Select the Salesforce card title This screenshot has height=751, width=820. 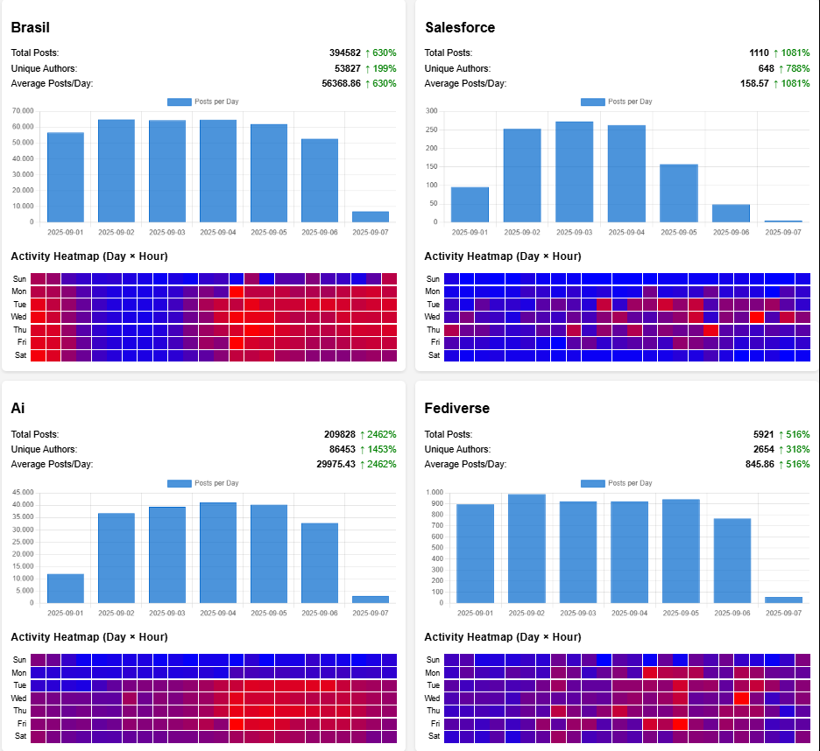point(460,28)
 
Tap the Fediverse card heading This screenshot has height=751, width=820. point(457,409)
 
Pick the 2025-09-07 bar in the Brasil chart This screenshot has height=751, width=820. point(370,216)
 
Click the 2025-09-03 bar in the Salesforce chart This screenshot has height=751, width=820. point(574,172)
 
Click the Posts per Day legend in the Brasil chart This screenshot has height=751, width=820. point(203,102)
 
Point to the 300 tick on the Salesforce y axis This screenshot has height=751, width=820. point(430,111)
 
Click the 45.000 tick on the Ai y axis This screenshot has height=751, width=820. point(22,492)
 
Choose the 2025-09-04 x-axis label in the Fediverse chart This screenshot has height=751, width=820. point(627,613)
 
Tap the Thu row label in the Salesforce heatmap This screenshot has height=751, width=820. point(433,330)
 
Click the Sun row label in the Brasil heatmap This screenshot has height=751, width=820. point(19,278)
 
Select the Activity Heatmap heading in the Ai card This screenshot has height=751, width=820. point(88,637)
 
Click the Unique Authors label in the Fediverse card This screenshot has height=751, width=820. point(457,449)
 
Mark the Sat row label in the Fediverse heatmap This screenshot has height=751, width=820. point(434,736)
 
